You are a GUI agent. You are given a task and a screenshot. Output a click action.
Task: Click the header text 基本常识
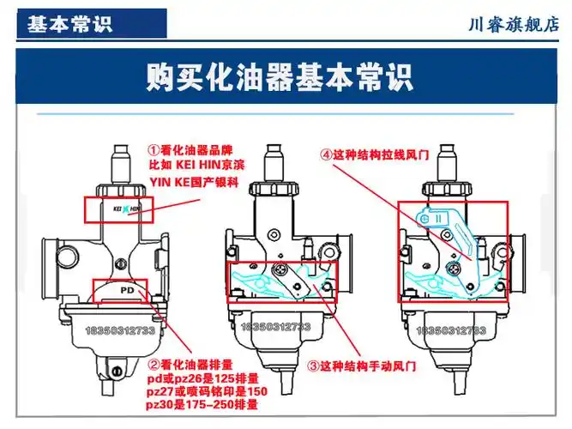point(69,24)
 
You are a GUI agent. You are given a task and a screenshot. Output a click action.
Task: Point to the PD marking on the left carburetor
point(127,291)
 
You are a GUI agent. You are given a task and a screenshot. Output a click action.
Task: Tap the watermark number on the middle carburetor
point(277,327)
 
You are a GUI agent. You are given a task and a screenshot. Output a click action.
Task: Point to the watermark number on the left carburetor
point(119,329)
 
